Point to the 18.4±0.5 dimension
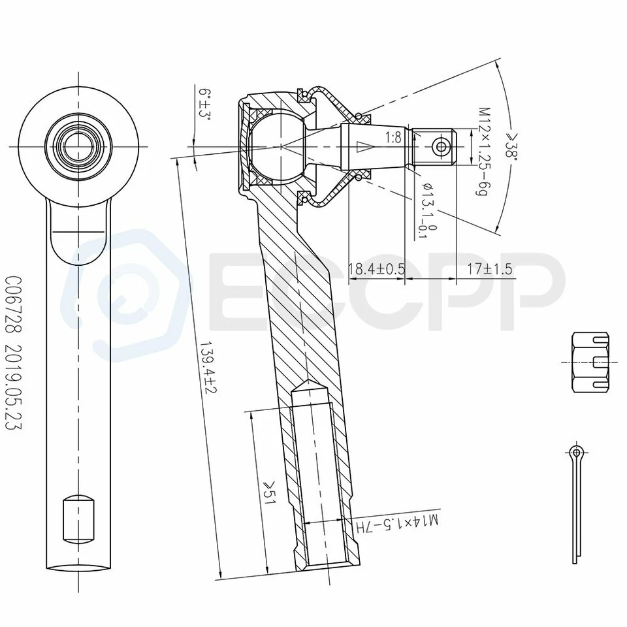(376, 269)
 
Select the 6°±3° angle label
(205, 104)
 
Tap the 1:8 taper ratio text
(393, 138)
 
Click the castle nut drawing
(590, 362)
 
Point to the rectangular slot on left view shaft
(78, 519)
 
